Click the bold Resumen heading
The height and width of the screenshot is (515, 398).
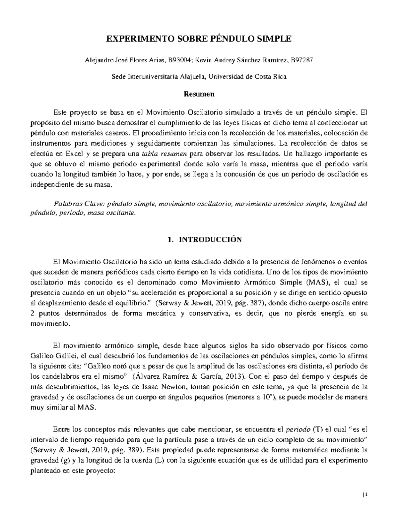199,94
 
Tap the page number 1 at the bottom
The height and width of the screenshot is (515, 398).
366,496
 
